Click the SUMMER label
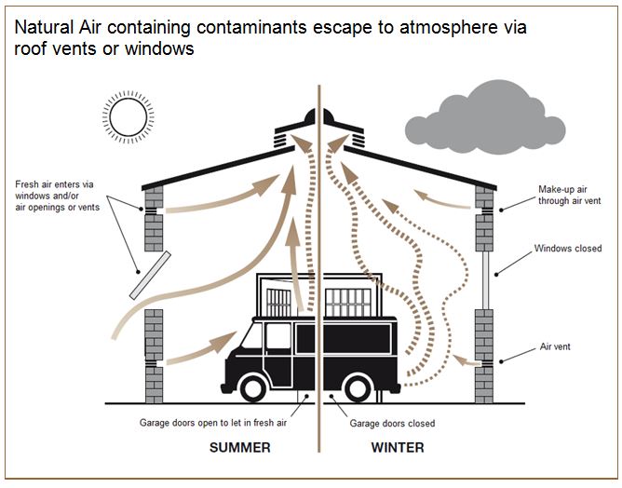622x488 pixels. coord(239,447)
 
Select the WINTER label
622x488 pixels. coord(398,447)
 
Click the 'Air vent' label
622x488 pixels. coord(557,347)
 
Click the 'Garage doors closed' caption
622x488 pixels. coord(392,423)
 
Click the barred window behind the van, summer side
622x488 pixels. coord(279,300)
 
